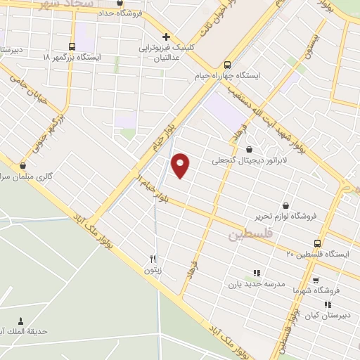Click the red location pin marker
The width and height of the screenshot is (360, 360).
[x=181, y=165]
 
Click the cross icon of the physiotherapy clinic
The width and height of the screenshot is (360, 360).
[x=166, y=37]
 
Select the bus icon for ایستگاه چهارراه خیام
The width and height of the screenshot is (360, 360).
[x=226, y=62]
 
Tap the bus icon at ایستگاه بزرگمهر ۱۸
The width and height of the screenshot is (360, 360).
[x=72, y=44]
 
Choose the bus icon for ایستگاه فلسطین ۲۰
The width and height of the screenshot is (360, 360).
[x=319, y=242]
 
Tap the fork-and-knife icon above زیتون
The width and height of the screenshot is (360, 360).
[x=153, y=258]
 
